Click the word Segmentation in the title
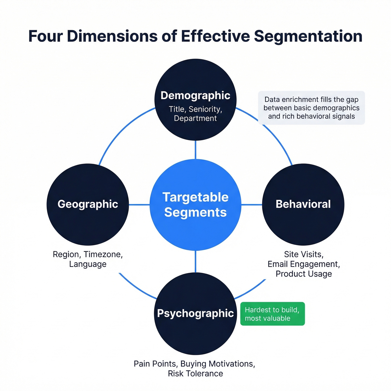(308, 36)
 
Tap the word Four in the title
(46, 36)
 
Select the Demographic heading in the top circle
(195, 96)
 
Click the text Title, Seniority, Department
(195, 114)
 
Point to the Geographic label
(88, 204)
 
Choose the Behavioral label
(303, 204)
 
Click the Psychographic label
(195, 313)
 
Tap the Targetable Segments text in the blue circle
(195, 205)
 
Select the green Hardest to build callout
(272, 314)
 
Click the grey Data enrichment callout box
(311, 108)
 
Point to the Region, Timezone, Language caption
(88, 259)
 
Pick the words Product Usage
(304, 274)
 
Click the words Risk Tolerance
(195, 374)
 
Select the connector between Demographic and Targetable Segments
(195, 150)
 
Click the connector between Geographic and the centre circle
(139, 205)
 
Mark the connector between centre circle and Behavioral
(251, 205)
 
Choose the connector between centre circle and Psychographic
(195, 261)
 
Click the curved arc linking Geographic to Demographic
(120, 131)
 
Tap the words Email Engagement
(304, 264)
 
